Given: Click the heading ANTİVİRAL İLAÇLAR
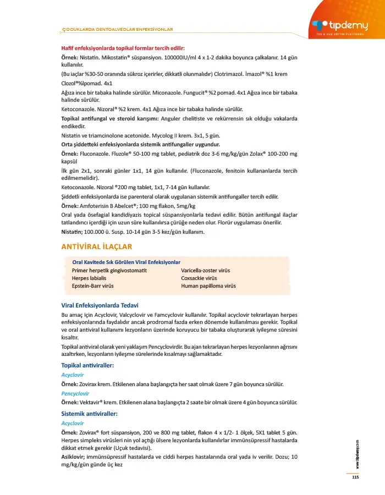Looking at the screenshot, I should pyautogui.click(x=96, y=246).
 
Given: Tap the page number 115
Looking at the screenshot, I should pyautogui.click(x=355, y=477).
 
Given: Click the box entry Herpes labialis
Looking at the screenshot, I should pyautogui.click(x=89, y=278).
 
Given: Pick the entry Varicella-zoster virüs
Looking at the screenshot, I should pyautogui.click(x=206, y=271).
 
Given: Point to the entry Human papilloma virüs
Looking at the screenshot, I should pyautogui.click(x=208, y=286).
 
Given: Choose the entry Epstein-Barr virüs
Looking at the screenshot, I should pyautogui.click(x=92, y=286).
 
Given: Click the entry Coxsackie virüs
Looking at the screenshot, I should pyautogui.click(x=199, y=278).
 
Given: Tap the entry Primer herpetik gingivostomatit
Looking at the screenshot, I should pyautogui.click(x=109, y=271).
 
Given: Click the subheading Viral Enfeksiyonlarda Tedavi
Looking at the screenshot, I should pyautogui.click(x=100, y=305).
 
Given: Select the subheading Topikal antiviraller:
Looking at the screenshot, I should pyautogui.click(x=87, y=365).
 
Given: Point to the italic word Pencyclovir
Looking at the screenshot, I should pyautogui.click(x=76, y=394).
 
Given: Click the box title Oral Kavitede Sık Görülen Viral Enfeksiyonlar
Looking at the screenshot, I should pyautogui.click(x=126, y=262).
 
